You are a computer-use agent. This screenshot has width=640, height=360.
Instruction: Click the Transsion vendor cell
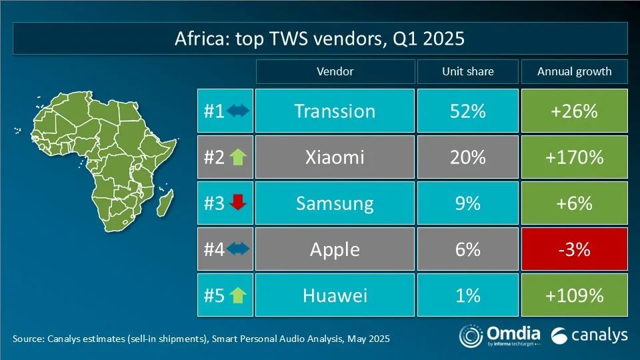[x=335, y=111]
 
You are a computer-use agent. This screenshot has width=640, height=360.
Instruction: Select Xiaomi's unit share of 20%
[x=468, y=157]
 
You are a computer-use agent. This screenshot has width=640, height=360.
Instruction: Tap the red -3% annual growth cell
[x=574, y=249]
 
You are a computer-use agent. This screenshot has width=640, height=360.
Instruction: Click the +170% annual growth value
[x=574, y=157]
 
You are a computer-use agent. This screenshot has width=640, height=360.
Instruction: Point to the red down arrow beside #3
[x=237, y=203]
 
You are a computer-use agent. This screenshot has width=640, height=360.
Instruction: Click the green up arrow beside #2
[x=237, y=157]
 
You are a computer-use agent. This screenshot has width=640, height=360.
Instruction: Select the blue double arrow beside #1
[x=238, y=111]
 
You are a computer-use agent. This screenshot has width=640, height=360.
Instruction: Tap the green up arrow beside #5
[x=237, y=295]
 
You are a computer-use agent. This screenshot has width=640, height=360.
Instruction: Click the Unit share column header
[x=468, y=71]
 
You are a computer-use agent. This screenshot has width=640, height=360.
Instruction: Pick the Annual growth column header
[x=574, y=71]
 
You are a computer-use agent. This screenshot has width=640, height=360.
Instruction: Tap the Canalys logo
[x=590, y=335]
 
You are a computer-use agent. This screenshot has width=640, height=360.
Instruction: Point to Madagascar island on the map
[x=167, y=200]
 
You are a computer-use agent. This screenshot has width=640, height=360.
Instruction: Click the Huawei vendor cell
[x=335, y=295]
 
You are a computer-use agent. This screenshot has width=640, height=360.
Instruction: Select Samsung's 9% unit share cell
[x=468, y=203]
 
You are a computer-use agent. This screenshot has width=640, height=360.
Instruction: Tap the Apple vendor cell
[x=335, y=249]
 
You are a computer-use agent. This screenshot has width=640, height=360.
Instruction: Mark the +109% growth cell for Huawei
[x=574, y=295]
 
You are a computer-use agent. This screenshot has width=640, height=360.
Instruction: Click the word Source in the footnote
[x=27, y=339]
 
